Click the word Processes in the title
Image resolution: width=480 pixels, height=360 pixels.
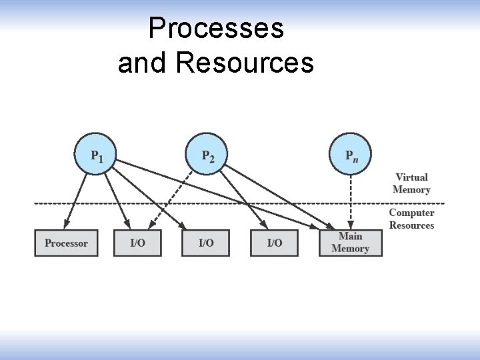(216, 29)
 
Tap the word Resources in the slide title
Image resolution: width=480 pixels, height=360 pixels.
(245, 63)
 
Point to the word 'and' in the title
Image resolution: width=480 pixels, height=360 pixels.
(144, 63)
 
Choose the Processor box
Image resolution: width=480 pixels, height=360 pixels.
(66, 243)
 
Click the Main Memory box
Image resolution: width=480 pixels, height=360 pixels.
(350, 243)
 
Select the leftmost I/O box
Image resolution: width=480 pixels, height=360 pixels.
(137, 243)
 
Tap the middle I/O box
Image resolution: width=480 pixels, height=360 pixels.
(206, 243)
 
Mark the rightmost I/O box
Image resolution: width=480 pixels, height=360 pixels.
(275, 243)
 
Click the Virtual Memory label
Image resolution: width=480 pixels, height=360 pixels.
(411, 183)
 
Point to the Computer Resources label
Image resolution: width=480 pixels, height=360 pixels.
(411, 219)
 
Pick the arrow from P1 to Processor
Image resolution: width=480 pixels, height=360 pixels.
(77, 197)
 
